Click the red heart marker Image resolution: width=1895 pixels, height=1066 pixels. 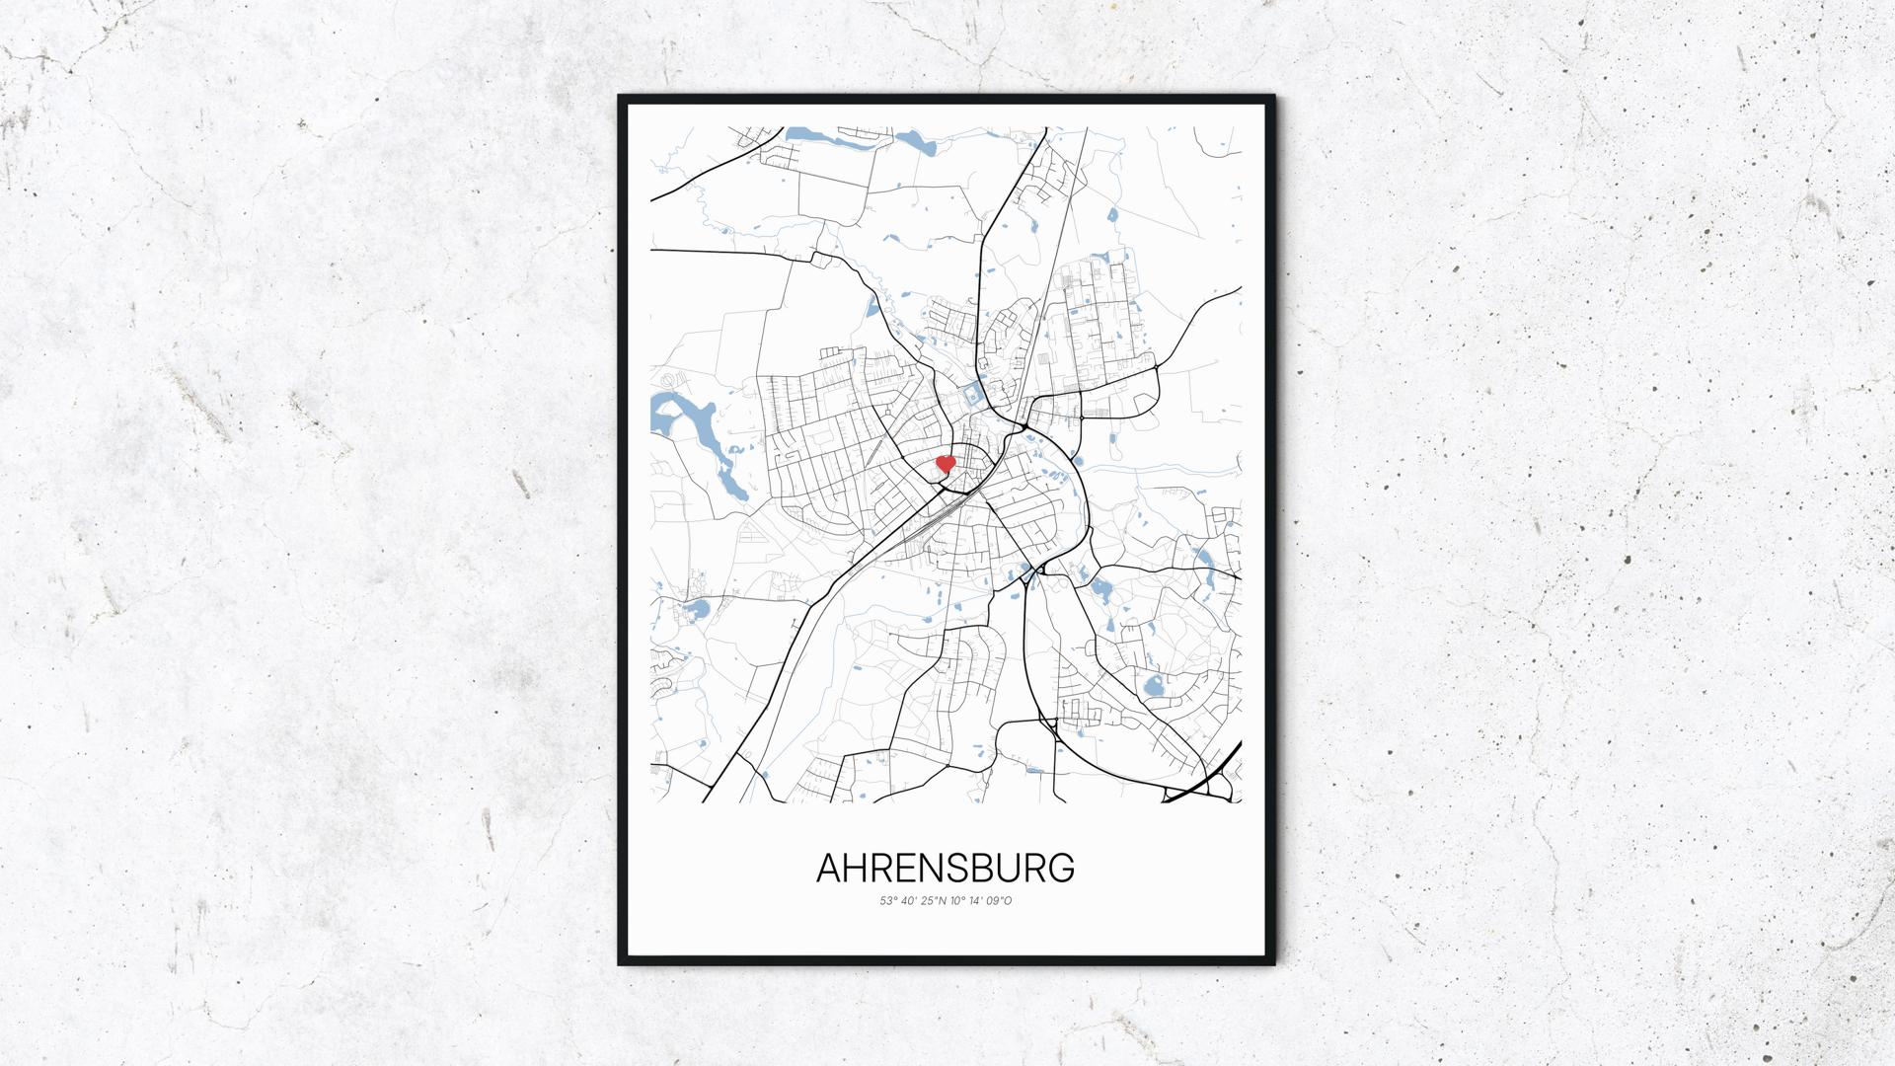click(945, 463)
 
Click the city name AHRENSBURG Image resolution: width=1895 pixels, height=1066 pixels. click(946, 869)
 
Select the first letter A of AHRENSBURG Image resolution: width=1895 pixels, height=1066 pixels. click(830, 869)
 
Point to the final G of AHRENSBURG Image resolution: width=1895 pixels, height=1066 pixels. click(1061, 869)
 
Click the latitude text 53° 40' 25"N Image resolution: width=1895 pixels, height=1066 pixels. click(913, 901)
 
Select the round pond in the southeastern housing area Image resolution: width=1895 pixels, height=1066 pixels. click(1151, 687)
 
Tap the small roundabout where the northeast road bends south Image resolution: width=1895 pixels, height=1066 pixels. click(1155, 369)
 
